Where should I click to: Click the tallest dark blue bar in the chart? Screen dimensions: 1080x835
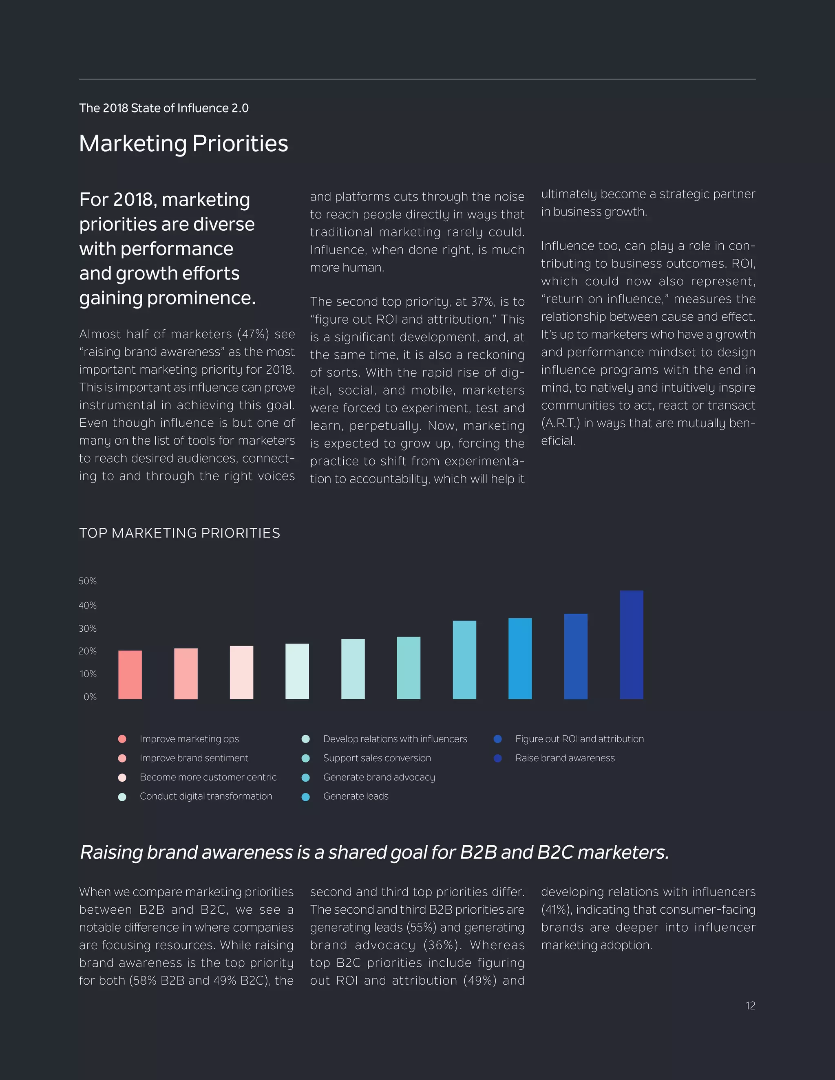click(x=631, y=644)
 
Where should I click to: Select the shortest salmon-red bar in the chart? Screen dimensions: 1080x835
click(x=130, y=674)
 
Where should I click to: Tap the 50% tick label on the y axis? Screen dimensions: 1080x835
click(x=88, y=581)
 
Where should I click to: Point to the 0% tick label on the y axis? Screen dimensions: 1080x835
click(x=90, y=697)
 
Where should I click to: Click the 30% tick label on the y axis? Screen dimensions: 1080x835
click(x=88, y=628)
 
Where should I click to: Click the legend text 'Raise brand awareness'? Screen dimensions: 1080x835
click(x=565, y=758)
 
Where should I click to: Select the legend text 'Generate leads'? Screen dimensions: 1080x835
click(x=356, y=796)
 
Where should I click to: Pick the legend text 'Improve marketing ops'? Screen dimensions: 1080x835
click(x=189, y=739)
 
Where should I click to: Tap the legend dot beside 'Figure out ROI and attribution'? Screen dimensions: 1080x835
click(x=498, y=739)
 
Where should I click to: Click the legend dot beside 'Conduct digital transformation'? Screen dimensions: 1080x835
click(x=122, y=797)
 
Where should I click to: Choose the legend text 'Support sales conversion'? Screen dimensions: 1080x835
click(x=377, y=758)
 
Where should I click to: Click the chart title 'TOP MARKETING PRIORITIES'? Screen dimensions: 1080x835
click(x=179, y=533)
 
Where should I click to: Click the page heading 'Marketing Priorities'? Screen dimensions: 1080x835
click(x=183, y=143)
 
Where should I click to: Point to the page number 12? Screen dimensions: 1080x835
click(x=750, y=1006)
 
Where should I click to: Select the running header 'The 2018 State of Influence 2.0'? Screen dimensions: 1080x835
click(x=164, y=108)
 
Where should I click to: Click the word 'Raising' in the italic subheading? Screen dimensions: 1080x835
click(x=111, y=853)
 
